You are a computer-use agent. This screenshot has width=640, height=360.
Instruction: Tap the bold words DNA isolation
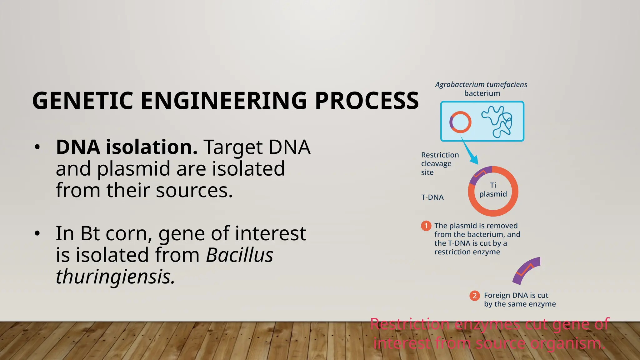pos(127,147)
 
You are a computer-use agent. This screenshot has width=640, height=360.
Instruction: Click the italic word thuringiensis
pos(115,277)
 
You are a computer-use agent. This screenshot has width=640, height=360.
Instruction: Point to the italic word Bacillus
pos(239,255)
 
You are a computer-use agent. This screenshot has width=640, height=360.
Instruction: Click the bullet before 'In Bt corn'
pos(37,234)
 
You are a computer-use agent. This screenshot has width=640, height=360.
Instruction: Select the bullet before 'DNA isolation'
pos(37,147)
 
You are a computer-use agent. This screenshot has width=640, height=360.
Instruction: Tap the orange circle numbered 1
pos(426,226)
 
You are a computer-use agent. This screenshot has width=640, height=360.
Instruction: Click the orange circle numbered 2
pos(474,296)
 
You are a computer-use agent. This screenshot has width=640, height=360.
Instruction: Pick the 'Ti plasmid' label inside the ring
pos(493,190)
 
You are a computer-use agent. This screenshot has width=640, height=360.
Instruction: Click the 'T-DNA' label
pos(432,197)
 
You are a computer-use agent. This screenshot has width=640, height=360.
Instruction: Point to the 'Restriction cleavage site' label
pos(439,163)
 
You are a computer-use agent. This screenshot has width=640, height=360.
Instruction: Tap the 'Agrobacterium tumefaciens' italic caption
pos(481,85)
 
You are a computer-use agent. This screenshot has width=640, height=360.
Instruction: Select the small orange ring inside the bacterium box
pos(460,122)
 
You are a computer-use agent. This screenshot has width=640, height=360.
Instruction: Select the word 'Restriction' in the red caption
pos(409,324)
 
